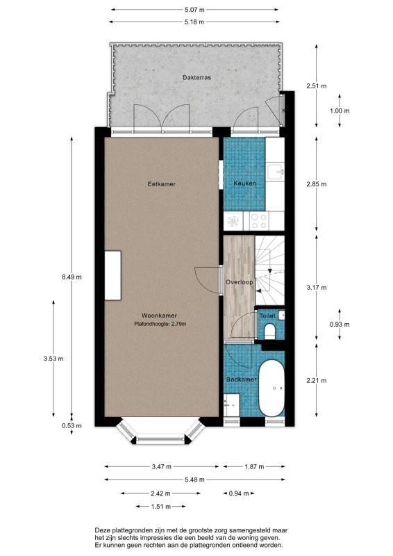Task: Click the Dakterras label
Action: (x=196, y=77)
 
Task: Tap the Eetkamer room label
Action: (x=162, y=184)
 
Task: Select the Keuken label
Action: (x=244, y=183)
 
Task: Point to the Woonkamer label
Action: (x=159, y=316)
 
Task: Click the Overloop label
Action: (x=240, y=282)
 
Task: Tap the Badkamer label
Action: (x=242, y=379)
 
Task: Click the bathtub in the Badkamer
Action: (x=271, y=389)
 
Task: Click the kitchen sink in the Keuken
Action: (x=276, y=172)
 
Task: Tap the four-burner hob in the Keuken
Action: (x=259, y=220)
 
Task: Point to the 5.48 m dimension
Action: (x=194, y=480)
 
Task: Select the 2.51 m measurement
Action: (x=317, y=85)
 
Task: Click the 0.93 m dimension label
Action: (x=340, y=324)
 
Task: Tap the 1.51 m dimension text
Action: (x=161, y=507)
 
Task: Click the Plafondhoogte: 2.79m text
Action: (x=160, y=324)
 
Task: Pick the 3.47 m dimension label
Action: (x=161, y=466)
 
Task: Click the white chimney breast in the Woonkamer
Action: (x=112, y=275)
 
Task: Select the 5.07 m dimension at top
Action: (x=194, y=10)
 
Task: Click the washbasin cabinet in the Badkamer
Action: (x=232, y=405)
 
